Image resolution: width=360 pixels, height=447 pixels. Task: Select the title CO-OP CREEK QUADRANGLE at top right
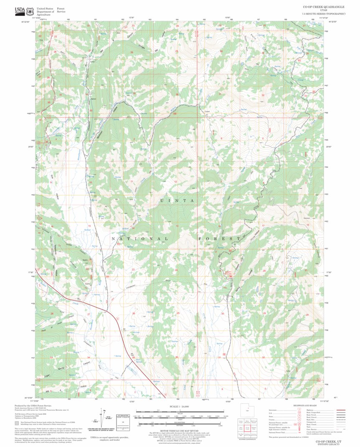[x=324, y=7]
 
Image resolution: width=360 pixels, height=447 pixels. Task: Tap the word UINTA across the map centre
[x=177, y=201]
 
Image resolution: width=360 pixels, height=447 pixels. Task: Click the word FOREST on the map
[x=216, y=239]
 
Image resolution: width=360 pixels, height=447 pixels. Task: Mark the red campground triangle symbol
[x=230, y=275]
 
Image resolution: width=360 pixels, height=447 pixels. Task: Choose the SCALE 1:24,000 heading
[x=180, y=406]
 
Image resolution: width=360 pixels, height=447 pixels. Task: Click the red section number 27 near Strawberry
[x=89, y=314]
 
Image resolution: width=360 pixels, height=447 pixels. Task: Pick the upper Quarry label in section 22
[x=85, y=260]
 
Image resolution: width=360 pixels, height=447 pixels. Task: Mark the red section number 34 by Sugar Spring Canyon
[x=89, y=358]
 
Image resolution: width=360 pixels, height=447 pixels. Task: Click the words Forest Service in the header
[x=61, y=10]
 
